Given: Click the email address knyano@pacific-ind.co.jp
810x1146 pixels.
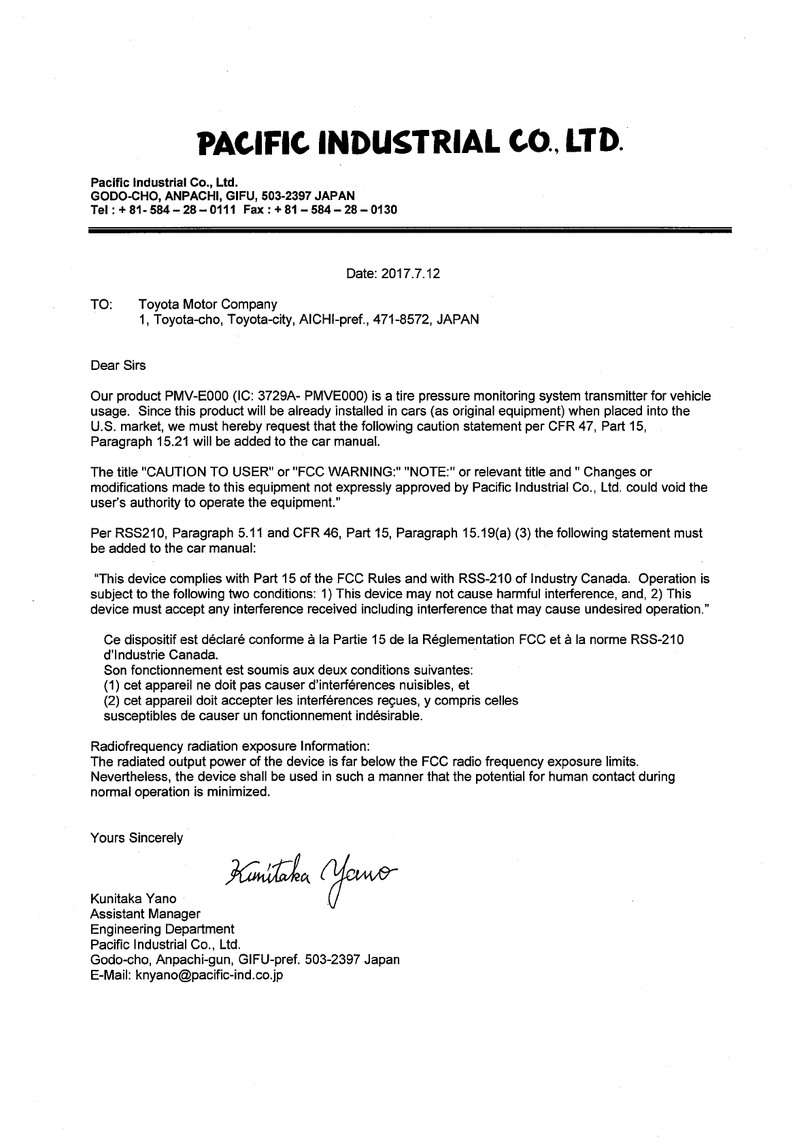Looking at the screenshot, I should [x=209, y=975].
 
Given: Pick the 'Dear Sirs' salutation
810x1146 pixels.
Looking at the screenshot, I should [x=118, y=365].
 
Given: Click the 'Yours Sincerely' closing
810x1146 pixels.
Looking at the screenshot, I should [x=137, y=838].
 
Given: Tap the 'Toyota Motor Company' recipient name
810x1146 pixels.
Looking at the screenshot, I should [x=207, y=304].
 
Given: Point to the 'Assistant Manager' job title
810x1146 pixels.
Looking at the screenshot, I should [x=146, y=914].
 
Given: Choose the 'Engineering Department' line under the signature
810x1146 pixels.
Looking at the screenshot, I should [x=163, y=929].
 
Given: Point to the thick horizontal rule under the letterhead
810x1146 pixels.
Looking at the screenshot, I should [x=410, y=232].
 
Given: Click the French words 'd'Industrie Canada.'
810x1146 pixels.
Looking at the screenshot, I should [x=161, y=655].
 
